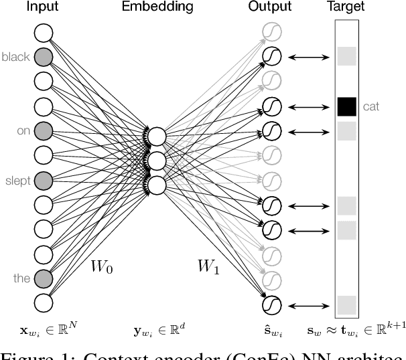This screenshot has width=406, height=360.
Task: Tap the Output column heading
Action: point(270,7)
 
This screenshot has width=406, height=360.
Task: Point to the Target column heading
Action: point(345,7)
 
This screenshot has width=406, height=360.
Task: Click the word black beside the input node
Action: point(15,58)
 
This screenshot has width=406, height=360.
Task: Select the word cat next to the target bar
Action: point(371,106)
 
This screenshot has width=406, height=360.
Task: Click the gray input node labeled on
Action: point(43,130)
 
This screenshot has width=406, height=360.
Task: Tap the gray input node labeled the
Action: point(43,278)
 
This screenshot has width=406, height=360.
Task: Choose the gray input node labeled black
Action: point(43,57)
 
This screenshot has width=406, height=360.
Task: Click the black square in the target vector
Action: point(346,106)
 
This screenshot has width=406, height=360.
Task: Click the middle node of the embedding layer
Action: point(157,161)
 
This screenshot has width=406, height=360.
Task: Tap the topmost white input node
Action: point(43,32)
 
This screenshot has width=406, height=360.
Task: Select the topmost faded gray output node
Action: point(271,32)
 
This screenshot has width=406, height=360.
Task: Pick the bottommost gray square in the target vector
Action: point(346,305)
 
